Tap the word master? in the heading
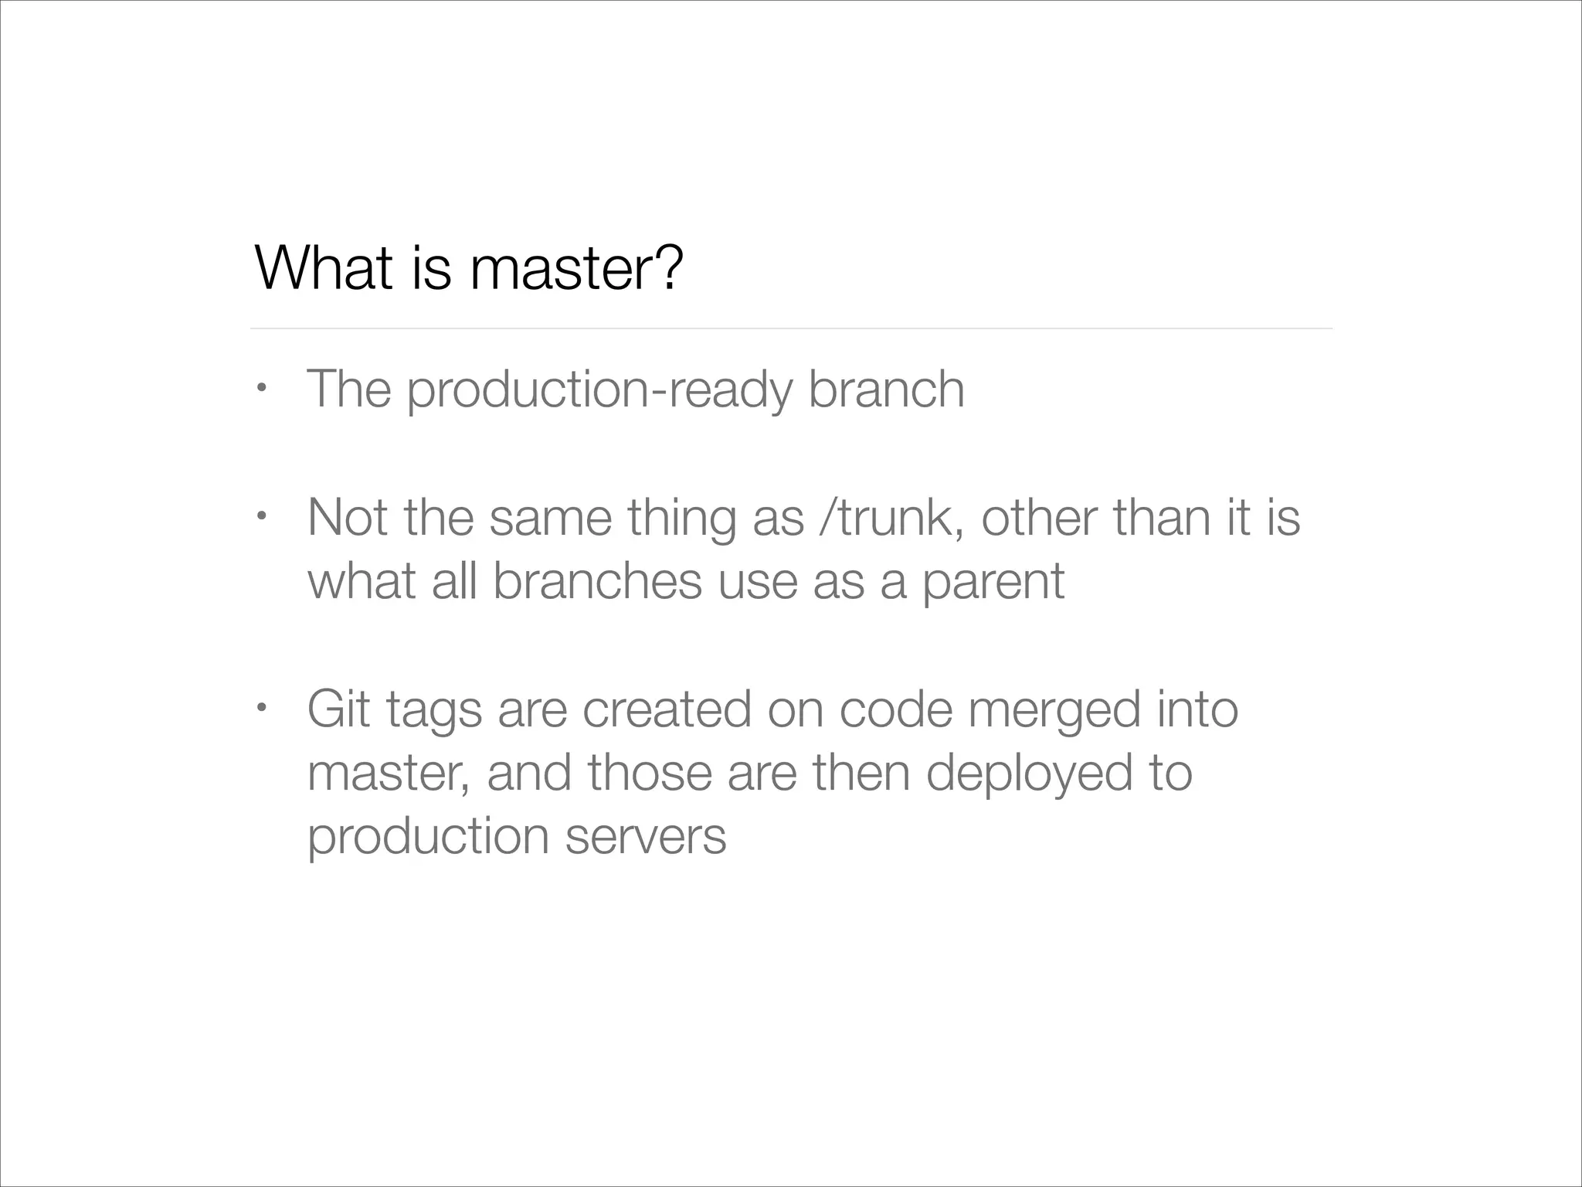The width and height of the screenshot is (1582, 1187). click(576, 267)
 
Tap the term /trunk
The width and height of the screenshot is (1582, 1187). click(892, 517)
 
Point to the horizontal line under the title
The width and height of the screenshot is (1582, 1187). click(791, 328)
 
